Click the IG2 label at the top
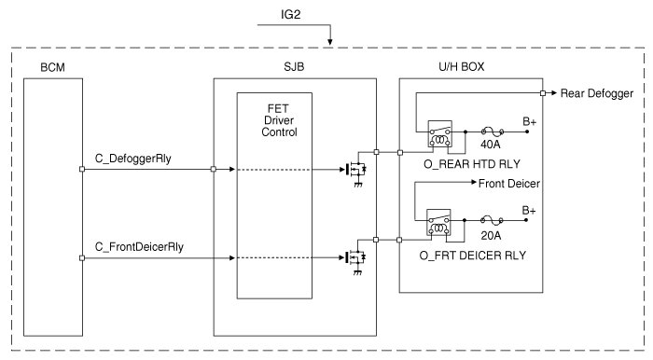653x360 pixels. (x=290, y=15)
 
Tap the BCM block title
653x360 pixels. (x=52, y=67)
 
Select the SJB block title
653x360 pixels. (x=294, y=66)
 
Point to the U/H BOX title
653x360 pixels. (x=462, y=66)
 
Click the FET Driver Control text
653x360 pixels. (x=279, y=120)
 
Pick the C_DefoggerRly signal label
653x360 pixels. (x=132, y=159)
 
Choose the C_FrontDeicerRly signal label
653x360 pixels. (x=139, y=247)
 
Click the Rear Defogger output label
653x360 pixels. (x=597, y=93)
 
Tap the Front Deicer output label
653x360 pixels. (x=509, y=184)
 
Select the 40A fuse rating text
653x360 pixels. (x=491, y=145)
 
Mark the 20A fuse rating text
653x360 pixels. (x=491, y=236)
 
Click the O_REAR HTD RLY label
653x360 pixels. (x=472, y=164)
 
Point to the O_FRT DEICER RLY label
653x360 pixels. (x=473, y=256)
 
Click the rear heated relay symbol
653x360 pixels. (x=439, y=134)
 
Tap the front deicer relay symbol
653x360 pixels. (x=438, y=223)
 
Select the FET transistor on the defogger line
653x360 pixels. (x=355, y=171)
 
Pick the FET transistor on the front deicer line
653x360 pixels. (x=355, y=259)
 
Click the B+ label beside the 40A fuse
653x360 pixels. (x=530, y=122)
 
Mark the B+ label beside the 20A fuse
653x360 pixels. (x=529, y=211)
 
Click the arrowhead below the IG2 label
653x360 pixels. (x=330, y=42)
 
